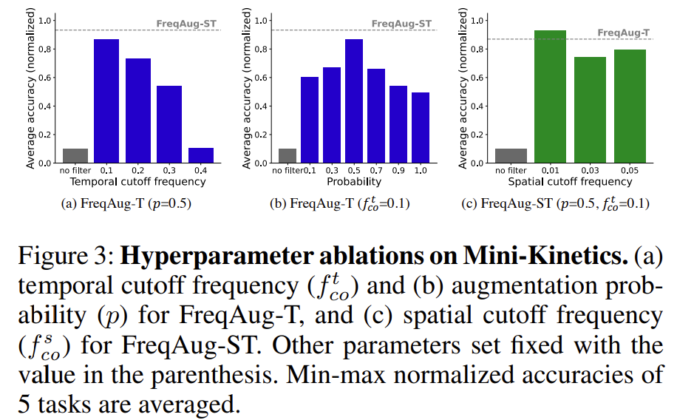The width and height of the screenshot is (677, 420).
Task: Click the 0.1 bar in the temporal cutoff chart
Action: [x=106, y=101]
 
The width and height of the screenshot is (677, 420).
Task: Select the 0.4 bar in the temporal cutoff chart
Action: [x=201, y=155]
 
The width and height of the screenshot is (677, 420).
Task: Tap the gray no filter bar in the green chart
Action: [x=510, y=155]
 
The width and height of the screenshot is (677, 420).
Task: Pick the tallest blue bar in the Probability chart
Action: [x=354, y=101]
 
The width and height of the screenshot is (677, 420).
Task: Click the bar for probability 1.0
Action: [x=421, y=128]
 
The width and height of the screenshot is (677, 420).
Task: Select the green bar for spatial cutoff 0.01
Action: [x=549, y=97]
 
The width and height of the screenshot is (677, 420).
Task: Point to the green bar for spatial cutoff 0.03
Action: [x=590, y=110]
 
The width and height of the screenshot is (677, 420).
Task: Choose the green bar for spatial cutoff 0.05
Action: [x=630, y=106]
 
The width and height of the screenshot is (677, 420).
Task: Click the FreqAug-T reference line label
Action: [x=624, y=33]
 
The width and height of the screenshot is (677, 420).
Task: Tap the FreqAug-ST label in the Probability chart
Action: [x=401, y=24]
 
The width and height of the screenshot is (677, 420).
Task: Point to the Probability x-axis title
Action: [x=355, y=182]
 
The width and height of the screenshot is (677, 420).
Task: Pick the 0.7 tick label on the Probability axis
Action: [x=376, y=172]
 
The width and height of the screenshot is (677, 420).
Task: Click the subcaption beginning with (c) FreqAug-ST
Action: [x=565, y=203]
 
